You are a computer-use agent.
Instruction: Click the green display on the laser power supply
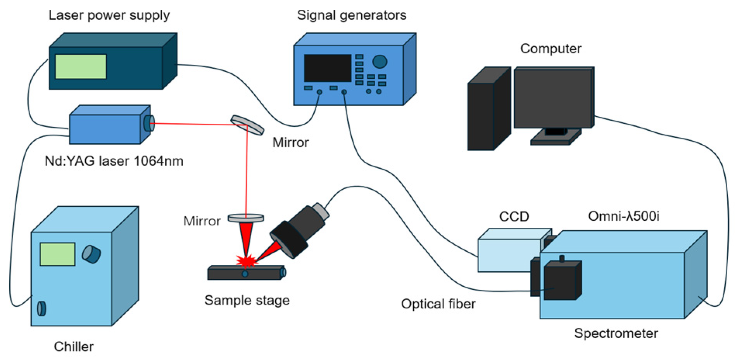(x=81, y=66)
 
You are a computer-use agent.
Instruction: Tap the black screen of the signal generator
(x=328, y=68)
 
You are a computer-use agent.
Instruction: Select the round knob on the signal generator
(x=380, y=61)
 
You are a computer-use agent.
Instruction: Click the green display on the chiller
(x=57, y=254)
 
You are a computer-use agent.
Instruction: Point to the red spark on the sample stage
(x=246, y=261)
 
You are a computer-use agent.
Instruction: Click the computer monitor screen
(x=553, y=98)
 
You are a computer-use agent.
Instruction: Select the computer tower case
(x=488, y=109)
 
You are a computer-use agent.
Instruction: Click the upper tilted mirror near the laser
(x=247, y=125)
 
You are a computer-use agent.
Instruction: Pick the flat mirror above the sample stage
(x=245, y=218)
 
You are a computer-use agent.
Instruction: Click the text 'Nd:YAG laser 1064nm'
(x=114, y=161)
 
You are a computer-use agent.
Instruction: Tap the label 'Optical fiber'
(x=438, y=304)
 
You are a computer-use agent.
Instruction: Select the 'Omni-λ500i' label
(x=623, y=216)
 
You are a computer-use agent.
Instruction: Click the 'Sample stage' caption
(x=247, y=300)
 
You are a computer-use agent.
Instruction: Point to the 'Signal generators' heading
(x=352, y=15)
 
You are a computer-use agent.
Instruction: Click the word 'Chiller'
(x=74, y=346)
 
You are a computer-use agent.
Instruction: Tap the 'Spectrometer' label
(x=616, y=333)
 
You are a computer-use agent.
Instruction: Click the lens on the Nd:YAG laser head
(x=149, y=123)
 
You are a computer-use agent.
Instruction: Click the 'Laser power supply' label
(x=109, y=15)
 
